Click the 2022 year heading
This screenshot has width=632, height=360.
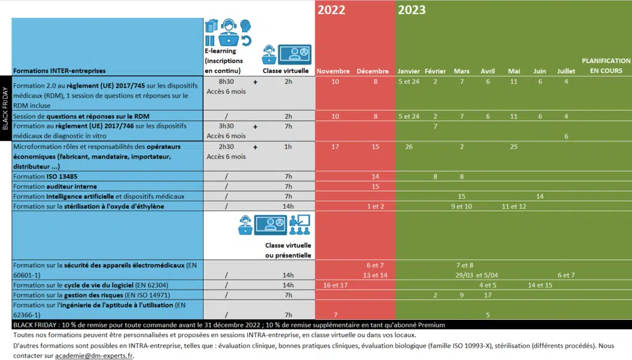331,10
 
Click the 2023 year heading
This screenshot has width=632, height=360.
412,10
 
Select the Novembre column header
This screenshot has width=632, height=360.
333,71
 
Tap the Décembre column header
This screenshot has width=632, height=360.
373,71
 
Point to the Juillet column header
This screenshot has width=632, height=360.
566,71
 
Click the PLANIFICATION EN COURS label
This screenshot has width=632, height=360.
606,65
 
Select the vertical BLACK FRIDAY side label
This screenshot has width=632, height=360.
6,109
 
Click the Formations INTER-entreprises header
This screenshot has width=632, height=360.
59,71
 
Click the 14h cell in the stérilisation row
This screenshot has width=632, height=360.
288,206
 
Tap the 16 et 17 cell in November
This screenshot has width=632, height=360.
335,285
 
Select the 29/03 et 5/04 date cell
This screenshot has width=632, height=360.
472,275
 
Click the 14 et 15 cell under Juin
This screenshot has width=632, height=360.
540,285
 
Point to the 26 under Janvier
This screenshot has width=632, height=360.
409,147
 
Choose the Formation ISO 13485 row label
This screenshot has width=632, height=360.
45,177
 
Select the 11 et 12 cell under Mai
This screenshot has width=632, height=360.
513,206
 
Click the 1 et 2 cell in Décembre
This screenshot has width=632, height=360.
375,206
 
